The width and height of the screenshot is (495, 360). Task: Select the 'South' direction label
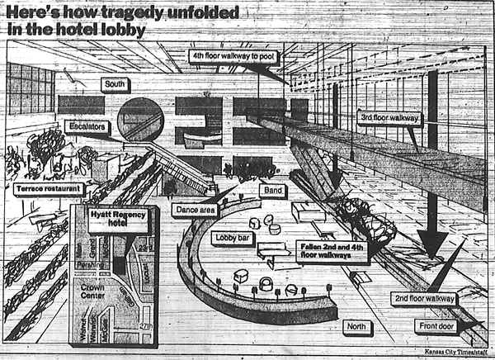(x=115, y=84)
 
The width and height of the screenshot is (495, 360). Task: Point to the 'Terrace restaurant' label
(x=49, y=189)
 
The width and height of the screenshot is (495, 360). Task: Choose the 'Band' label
(x=271, y=190)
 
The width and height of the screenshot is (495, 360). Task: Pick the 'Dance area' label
(x=196, y=209)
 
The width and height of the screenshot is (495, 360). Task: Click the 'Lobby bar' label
(x=232, y=239)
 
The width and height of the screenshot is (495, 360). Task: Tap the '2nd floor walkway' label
(x=423, y=298)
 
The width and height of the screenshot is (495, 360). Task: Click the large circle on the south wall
(x=141, y=118)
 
